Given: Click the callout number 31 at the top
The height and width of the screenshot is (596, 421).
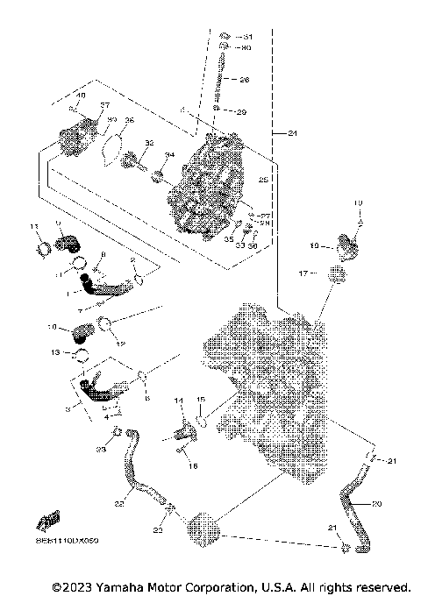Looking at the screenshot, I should click(247, 36).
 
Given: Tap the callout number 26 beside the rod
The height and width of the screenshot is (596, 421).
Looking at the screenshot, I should click(245, 80).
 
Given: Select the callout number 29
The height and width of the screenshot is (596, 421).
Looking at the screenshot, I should click(242, 112).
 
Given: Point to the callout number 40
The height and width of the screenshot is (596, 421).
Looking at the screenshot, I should click(82, 95).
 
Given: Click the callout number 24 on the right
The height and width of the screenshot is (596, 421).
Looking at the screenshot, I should click(280, 132).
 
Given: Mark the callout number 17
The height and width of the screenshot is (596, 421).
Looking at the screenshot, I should click(302, 273).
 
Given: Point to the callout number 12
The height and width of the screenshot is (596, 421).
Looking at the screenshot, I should click(122, 343).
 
